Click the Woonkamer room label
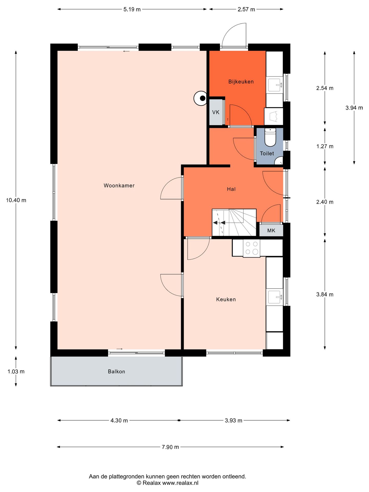(x=119, y=186)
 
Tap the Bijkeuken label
(x=241, y=82)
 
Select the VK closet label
(x=216, y=112)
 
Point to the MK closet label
(x=271, y=230)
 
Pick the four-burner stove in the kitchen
(x=251, y=248)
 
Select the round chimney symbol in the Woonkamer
(x=200, y=98)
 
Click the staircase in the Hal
(x=234, y=222)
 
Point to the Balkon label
(x=116, y=372)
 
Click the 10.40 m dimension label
(x=16, y=200)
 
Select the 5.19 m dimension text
(x=132, y=9)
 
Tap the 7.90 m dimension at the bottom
(x=170, y=447)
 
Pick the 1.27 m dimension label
(x=325, y=146)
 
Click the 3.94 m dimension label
(x=354, y=108)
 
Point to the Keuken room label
(x=226, y=299)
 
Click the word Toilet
(x=267, y=153)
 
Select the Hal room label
(x=231, y=189)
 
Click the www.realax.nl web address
(x=180, y=483)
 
